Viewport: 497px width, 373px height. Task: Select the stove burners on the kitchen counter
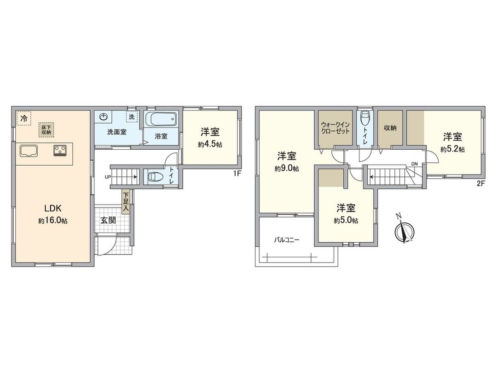click(x=60, y=150)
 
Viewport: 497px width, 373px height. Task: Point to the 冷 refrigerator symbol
click(x=23, y=118)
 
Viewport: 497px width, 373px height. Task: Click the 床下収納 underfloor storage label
click(x=46, y=130)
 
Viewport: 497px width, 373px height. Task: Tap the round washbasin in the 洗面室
click(x=104, y=118)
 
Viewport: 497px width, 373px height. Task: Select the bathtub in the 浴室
click(x=161, y=120)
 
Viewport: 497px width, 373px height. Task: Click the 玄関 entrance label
click(x=108, y=220)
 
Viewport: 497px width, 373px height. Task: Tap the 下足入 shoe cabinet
click(x=125, y=202)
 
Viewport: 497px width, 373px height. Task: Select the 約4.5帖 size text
click(x=211, y=144)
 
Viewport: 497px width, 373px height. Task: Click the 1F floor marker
click(x=237, y=174)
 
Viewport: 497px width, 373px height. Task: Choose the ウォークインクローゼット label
click(x=335, y=128)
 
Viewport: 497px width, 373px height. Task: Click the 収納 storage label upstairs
click(x=390, y=128)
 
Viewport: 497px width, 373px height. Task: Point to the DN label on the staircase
click(x=414, y=164)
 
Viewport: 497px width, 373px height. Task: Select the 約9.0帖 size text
click(x=287, y=169)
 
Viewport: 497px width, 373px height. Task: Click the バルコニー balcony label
click(x=287, y=240)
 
